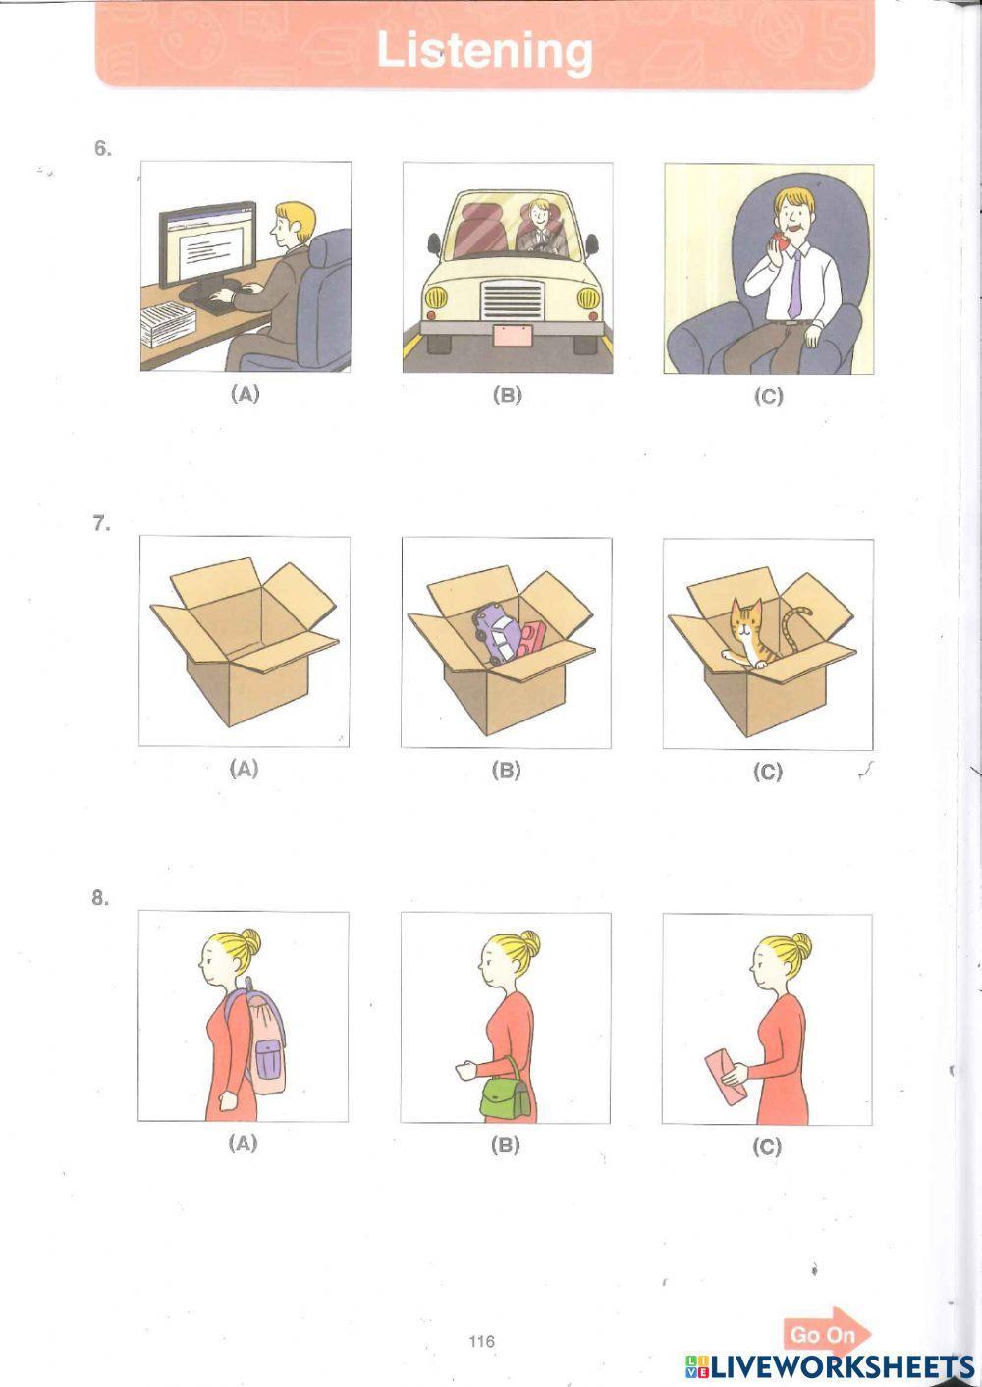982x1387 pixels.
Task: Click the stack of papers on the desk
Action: [x=169, y=323]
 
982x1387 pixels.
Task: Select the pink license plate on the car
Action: [x=512, y=335]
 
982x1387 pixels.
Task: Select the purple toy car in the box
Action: [x=494, y=634]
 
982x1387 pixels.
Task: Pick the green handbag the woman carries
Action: [x=504, y=1094]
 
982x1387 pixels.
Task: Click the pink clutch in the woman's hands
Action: [x=724, y=1075]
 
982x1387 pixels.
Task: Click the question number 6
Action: [x=102, y=149]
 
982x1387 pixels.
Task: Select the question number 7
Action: [x=102, y=524]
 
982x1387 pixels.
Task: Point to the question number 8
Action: [x=100, y=898]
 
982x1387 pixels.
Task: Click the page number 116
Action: [x=481, y=1342]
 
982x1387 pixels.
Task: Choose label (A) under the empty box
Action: [x=244, y=769]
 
